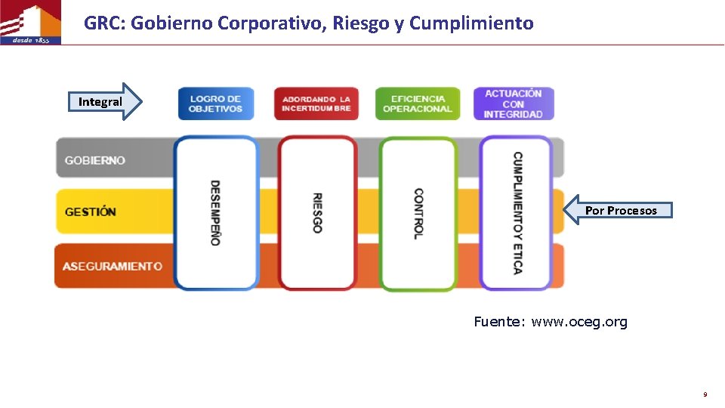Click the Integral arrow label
100,102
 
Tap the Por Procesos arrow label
621,211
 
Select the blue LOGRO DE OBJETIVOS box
216,104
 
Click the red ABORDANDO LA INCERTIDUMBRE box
316,104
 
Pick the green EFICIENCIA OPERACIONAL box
417,104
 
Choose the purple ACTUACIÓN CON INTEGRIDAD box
514,104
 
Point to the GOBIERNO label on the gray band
95,160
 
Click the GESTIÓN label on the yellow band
91,212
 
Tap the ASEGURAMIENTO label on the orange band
113,266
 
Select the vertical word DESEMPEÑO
215,212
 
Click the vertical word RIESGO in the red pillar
317,212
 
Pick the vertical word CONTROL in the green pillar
418,214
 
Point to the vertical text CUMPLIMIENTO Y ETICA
517,213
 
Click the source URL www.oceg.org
579,322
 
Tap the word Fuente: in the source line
499,322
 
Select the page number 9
705,394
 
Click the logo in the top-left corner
30,23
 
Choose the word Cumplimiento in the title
471,23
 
